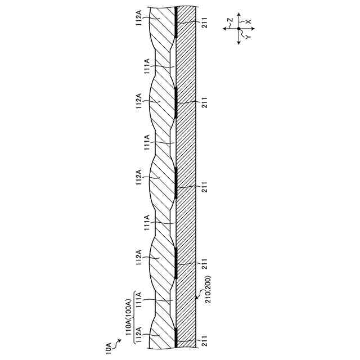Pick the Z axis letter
[x=229, y=20]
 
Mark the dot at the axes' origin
[x=238, y=28]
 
